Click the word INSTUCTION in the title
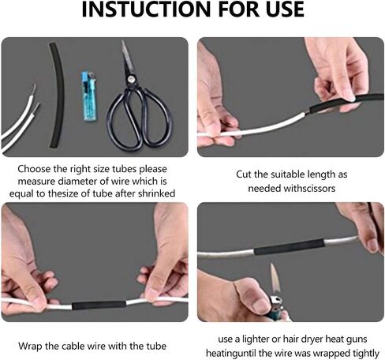[147, 9]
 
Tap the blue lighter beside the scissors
[89, 96]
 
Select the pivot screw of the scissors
[130, 79]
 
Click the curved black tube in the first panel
[57, 96]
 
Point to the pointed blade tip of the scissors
[122, 41]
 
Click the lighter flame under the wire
[275, 278]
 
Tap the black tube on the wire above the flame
[290, 247]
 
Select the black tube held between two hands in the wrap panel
[99, 305]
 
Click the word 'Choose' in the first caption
[34, 169]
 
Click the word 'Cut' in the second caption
[243, 174]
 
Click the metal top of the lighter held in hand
[276, 301]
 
